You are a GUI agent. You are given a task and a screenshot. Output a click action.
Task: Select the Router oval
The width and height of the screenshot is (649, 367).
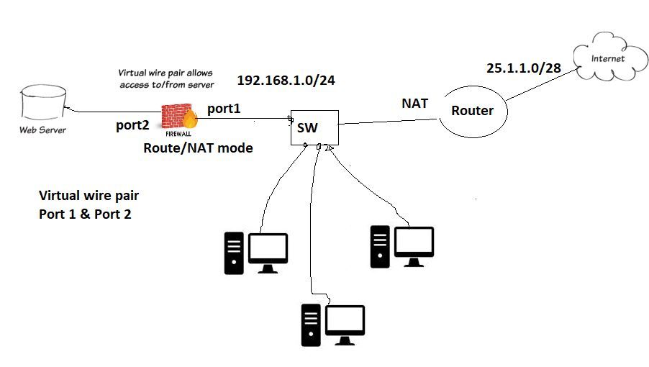(x=472, y=111)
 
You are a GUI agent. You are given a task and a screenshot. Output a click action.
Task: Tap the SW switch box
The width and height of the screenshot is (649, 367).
(x=314, y=128)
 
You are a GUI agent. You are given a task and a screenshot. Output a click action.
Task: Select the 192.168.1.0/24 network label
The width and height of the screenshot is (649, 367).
(x=286, y=80)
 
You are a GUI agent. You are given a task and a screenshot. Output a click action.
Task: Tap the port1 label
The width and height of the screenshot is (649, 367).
(x=224, y=109)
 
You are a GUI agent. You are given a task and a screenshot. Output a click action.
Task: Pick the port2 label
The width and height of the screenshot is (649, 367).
(x=132, y=125)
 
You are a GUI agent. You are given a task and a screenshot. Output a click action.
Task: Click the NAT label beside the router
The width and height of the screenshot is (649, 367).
(x=414, y=104)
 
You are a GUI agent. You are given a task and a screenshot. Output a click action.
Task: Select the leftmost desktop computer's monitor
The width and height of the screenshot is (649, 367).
(x=268, y=249)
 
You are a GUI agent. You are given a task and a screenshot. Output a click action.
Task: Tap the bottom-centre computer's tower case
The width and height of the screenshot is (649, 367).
(x=310, y=326)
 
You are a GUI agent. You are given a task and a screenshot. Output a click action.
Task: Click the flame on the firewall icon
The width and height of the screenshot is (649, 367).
(x=191, y=118)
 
